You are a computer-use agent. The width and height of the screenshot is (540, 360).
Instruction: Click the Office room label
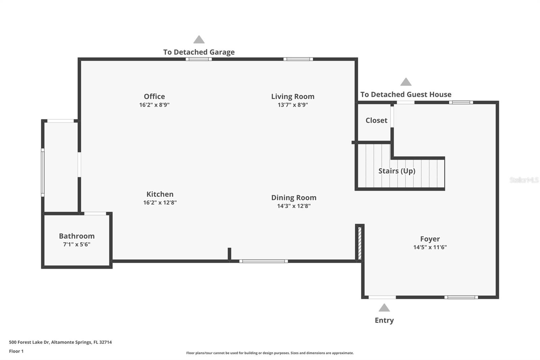click(x=154, y=97)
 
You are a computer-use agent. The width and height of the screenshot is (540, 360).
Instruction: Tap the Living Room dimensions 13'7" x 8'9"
click(x=293, y=105)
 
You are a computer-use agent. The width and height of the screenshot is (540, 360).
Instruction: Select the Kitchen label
click(x=160, y=194)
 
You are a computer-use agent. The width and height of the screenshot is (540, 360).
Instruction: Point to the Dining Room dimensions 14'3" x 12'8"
click(x=294, y=206)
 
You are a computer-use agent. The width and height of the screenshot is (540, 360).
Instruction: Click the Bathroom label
click(x=77, y=236)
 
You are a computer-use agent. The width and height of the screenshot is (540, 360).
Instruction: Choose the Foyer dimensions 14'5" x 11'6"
click(x=430, y=247)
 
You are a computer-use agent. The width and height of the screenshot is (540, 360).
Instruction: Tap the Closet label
click(x=376, y=121)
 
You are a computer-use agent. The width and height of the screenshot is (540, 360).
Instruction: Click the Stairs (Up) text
click(x=397, y=171)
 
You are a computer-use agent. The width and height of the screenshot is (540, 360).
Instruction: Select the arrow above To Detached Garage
click(x=199, y=40)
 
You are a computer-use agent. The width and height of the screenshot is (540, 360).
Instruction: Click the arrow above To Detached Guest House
click(x=406, y=82)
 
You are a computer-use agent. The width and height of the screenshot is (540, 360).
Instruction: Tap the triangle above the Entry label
click(x=384, y=308)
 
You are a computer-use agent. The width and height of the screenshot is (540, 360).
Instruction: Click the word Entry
click(x=384, y=320)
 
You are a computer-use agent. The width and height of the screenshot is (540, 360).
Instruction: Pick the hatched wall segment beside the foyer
click(x=360, y=243)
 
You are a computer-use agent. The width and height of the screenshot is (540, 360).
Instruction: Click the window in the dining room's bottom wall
click(x=264, y=261)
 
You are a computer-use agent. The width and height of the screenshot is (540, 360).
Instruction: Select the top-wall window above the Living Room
click(x=298, y=59)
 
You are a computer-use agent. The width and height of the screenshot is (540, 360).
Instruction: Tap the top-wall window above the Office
click(x=199, y=59)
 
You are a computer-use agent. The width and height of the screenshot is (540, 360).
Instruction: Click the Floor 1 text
click(x=16, y=351)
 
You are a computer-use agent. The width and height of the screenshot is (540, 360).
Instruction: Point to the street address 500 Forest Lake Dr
click(x=60, y=342)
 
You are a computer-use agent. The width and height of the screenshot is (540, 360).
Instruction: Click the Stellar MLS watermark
click(x=524, y=180)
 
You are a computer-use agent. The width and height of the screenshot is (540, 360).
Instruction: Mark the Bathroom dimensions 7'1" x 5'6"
click(x=77, y=245)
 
